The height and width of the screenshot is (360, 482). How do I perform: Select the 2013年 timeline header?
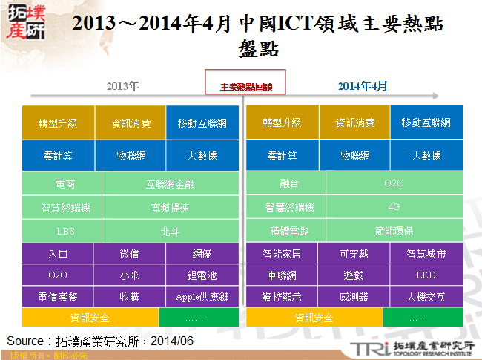122,86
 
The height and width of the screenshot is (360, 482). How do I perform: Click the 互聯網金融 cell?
171,183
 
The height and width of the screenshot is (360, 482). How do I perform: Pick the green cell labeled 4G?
394,206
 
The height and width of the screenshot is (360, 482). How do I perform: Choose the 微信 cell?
129,254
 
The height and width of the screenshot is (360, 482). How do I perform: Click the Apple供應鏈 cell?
202,296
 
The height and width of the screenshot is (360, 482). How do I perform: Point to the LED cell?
426,275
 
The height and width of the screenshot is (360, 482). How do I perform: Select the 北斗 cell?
171,230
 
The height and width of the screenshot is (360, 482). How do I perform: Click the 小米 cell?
129,275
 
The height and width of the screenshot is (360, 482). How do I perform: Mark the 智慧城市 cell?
426,254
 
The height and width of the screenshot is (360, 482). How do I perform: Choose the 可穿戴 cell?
354,254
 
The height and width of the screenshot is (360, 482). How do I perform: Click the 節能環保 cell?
394,230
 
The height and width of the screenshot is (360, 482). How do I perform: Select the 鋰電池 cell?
202,275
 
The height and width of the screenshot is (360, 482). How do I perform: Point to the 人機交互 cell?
426,296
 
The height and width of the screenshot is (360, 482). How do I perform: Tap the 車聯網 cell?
282,275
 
